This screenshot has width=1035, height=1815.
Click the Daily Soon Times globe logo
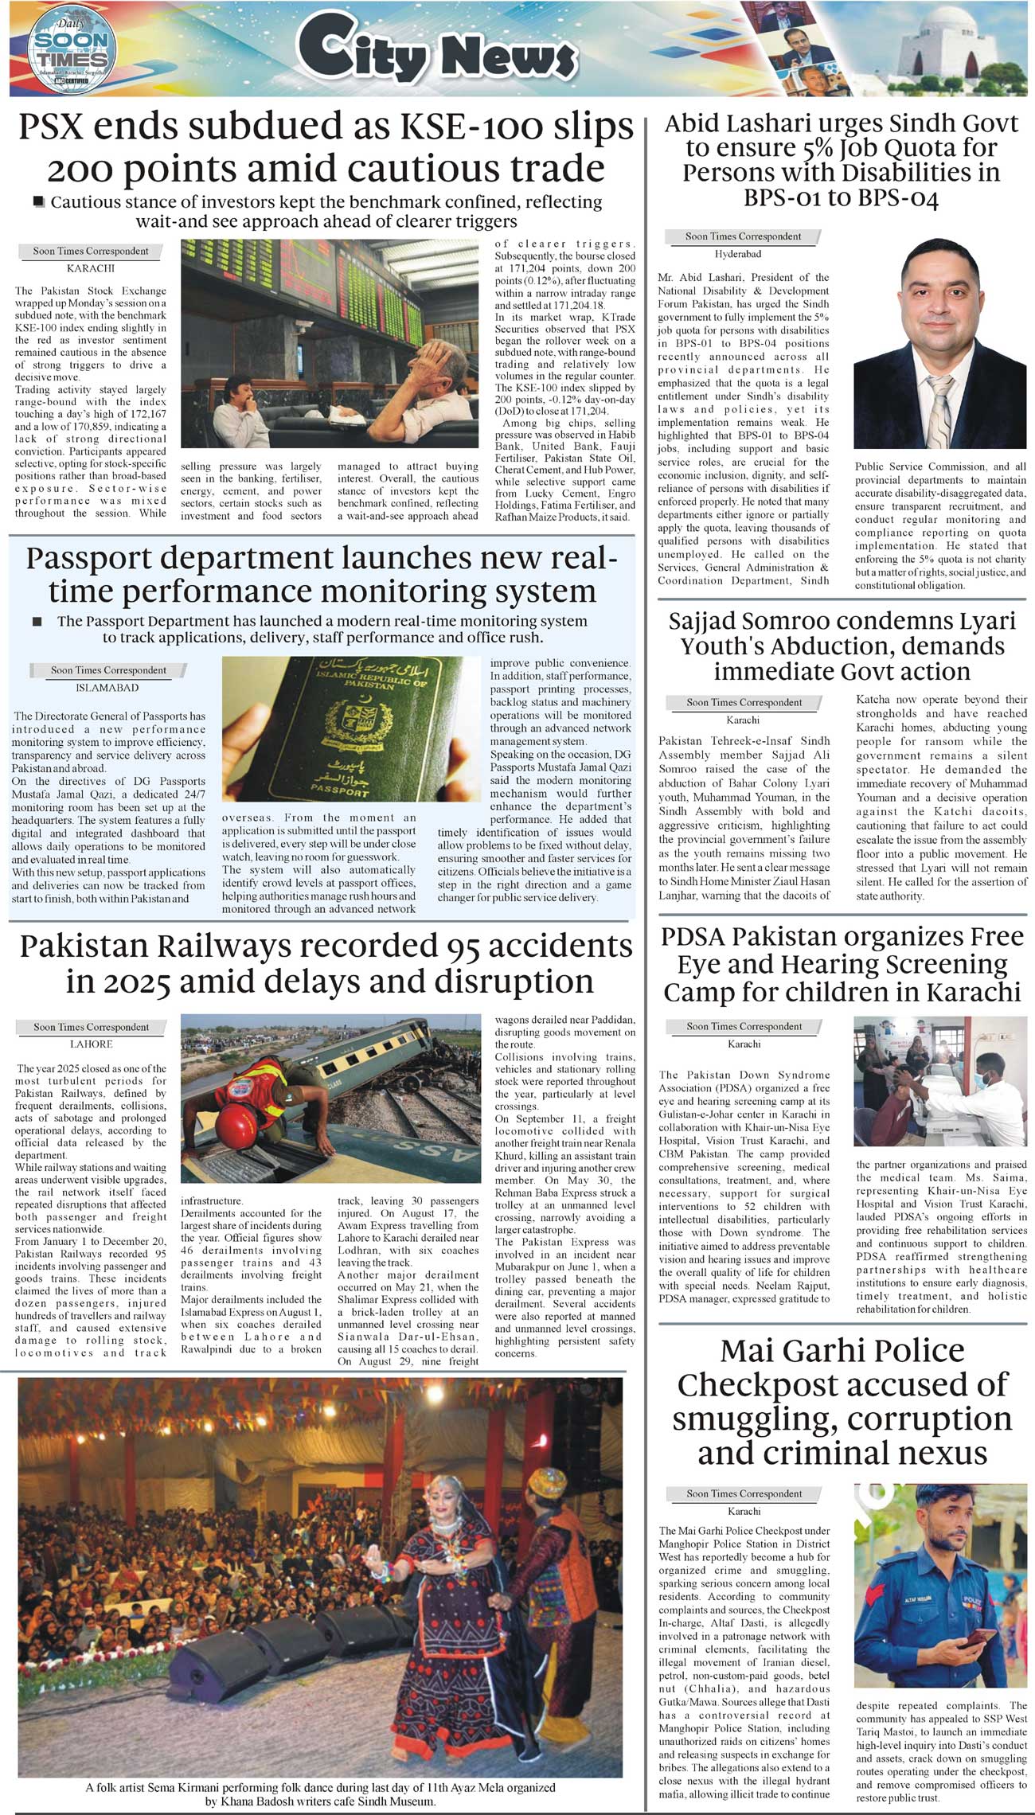[72, 52]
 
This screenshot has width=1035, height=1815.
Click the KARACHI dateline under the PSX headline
[91, 269]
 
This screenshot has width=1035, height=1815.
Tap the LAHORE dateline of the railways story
[92, 1044]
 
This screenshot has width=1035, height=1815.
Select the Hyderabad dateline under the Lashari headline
[737, 254]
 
